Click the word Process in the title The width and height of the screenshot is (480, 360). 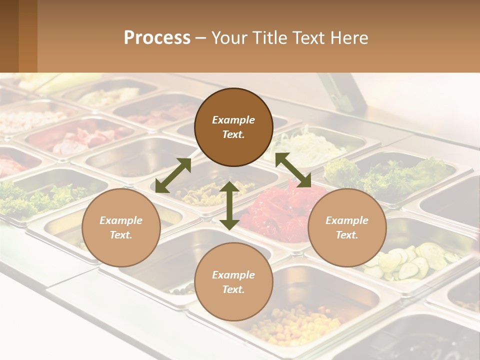pos(157,38)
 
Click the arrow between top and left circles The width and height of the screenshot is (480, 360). pos(173,175)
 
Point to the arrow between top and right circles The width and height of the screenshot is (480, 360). pos(293,170)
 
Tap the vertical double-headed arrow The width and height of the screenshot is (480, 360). pos(229,205)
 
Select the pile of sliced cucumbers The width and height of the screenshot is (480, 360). pos(410,260)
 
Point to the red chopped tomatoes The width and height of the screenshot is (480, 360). pos(280,210)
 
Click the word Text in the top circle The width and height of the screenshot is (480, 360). pos(233,134)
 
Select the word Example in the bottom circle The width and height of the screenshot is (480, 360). pos(233,274)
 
